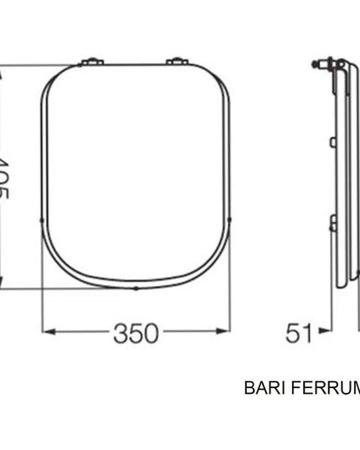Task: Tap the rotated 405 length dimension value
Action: pyautogui.click(x=5, y=178)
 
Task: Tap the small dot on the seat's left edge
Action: pyautogui.click(x=43, y=219)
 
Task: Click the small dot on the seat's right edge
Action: pyautogui.click(x=229, y=219)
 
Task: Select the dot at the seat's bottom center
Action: pyautogui.click(x=136, y=288)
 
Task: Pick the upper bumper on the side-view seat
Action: pyautogui.click(x=333, y=143)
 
